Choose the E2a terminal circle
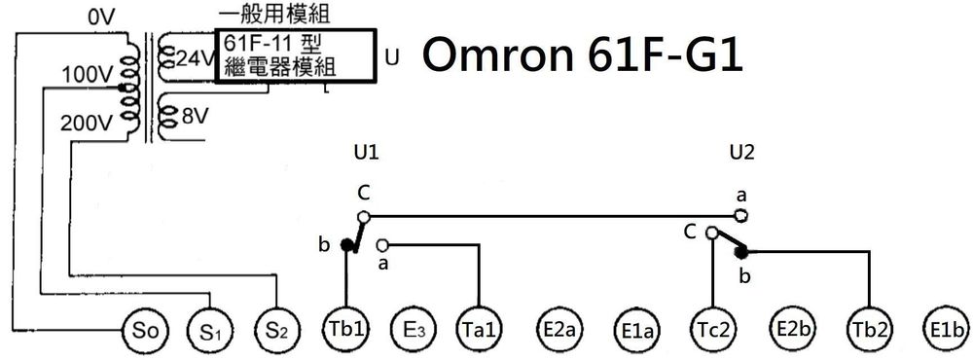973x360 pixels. tap(560, 330)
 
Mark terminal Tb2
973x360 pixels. tap(868, 330)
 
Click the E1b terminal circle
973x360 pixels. tap(946, 330)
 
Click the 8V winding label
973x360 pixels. tap(195, 116)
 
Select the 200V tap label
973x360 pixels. tap(87, 124)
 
